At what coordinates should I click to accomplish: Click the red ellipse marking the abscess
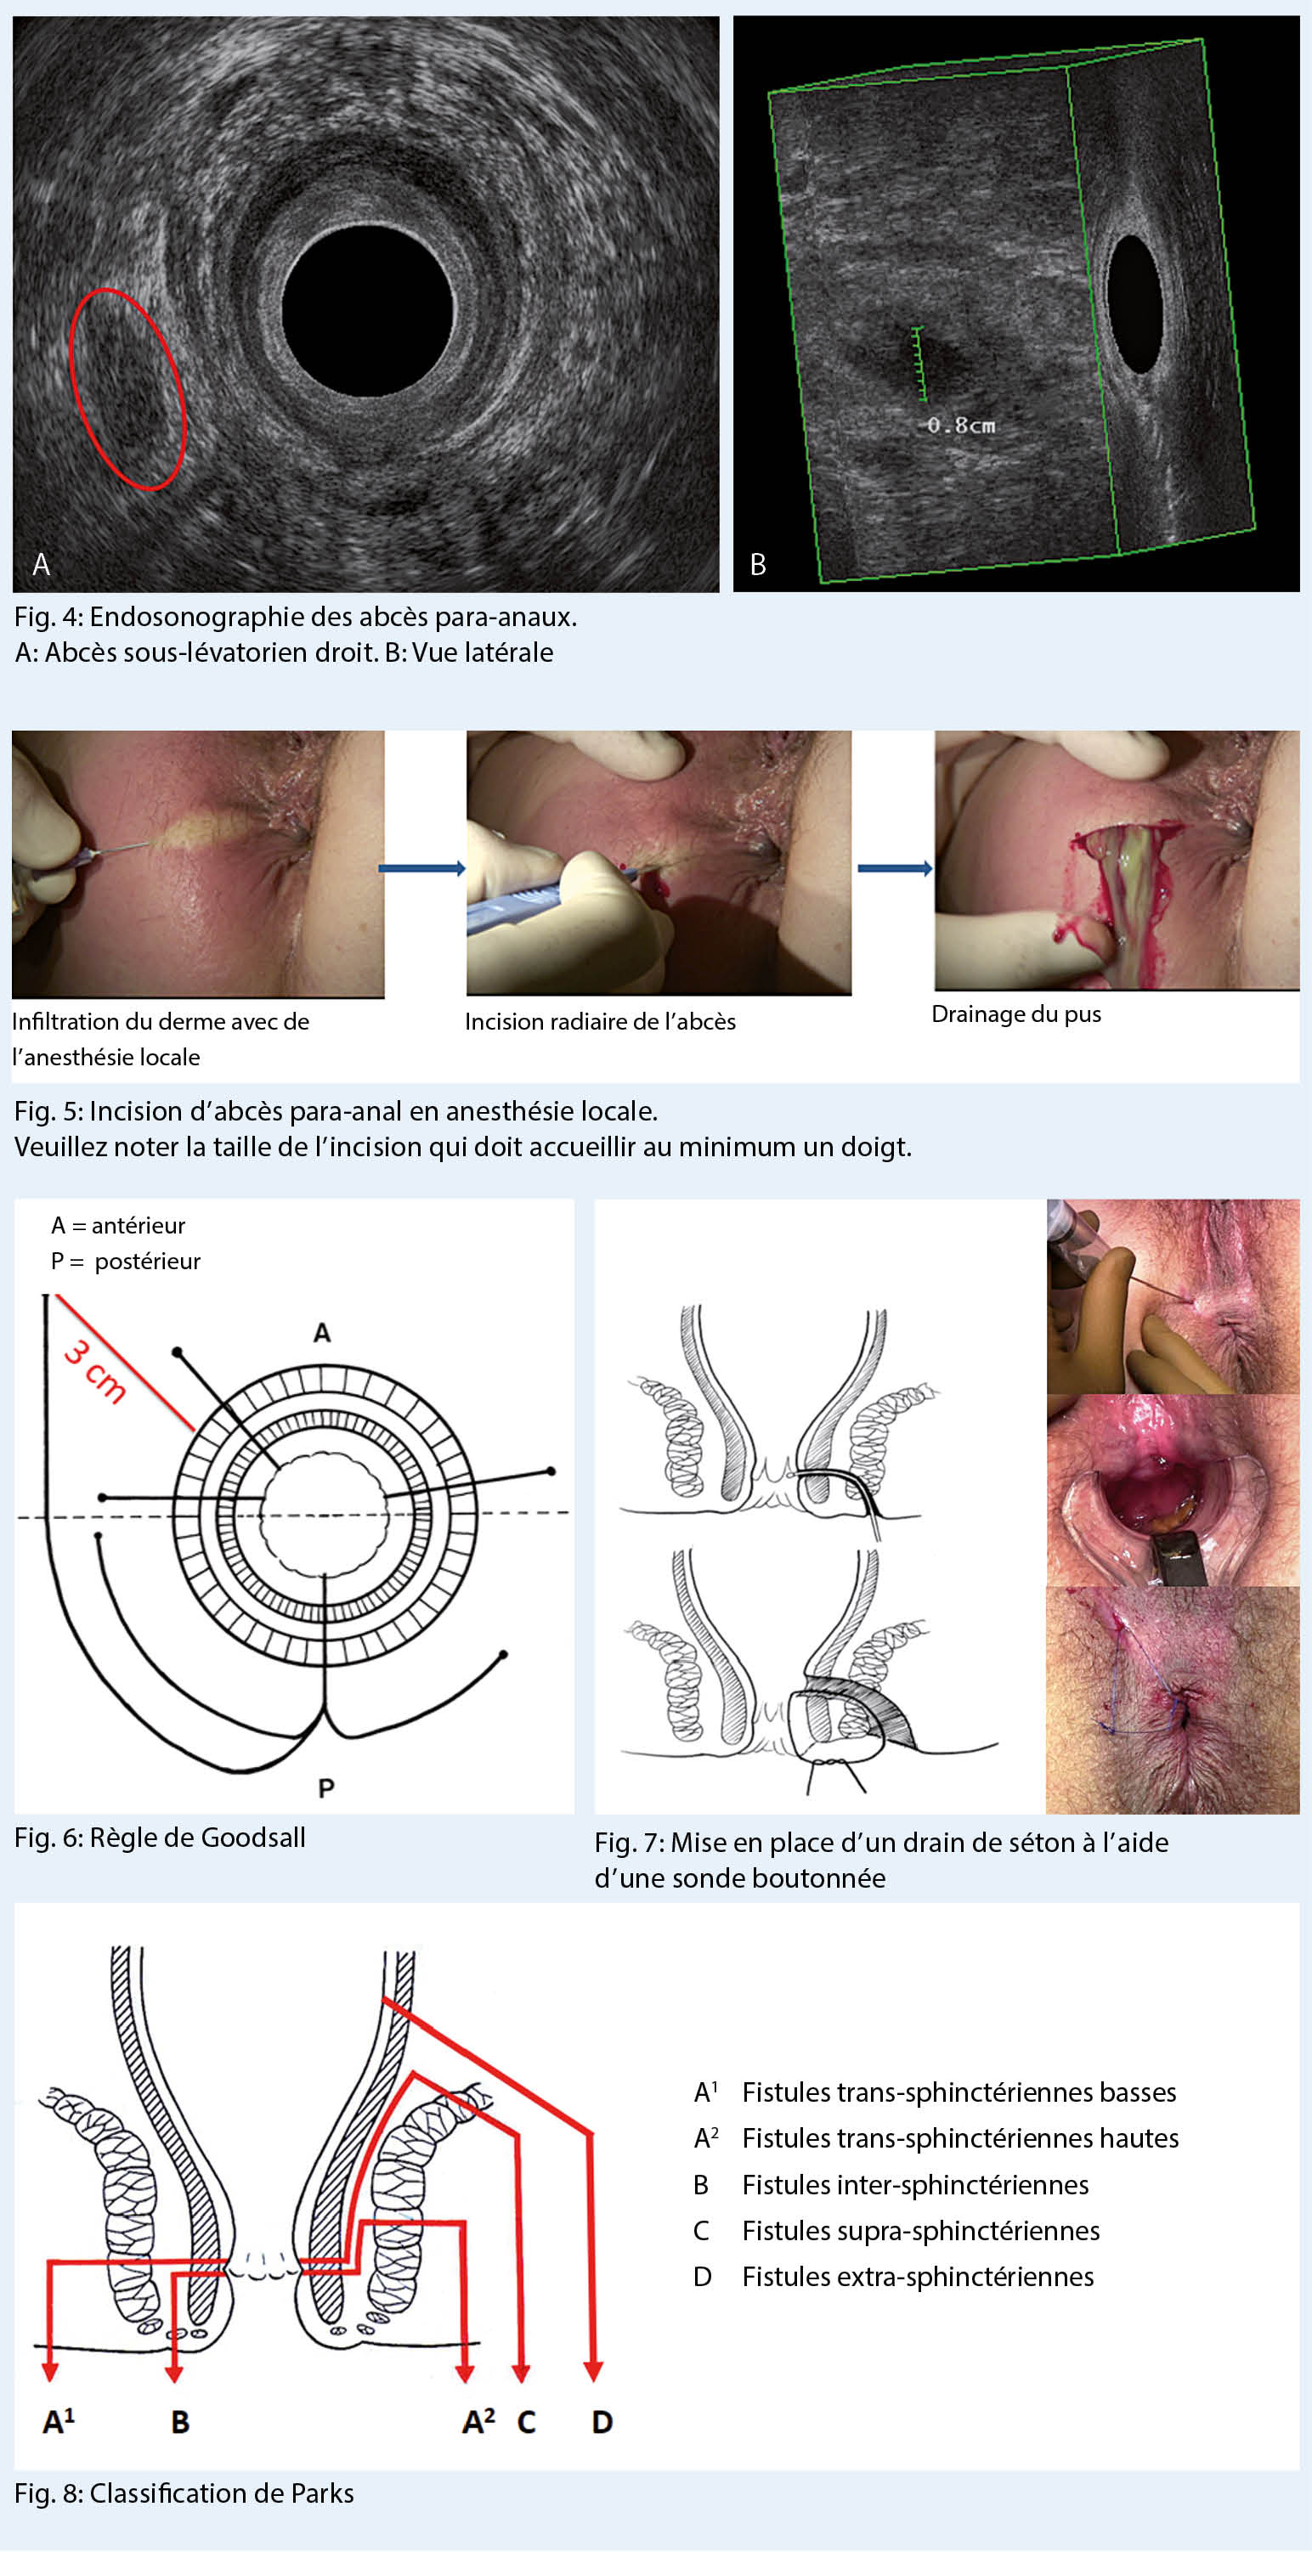coord(127,388)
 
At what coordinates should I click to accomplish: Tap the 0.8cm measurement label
coord(960,426)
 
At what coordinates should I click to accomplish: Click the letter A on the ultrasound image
coord(42,565)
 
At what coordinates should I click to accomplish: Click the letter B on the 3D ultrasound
coord(758,565)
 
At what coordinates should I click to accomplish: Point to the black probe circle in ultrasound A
coord(368,310)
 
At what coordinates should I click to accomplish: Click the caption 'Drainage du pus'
coord(1015,1014)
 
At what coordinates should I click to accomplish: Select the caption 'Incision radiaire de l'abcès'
coord(600,1022)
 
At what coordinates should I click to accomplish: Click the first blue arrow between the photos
coord(421,869)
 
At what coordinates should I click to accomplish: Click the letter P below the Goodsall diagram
coord(326,1788)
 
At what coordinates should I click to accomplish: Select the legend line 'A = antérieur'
coord(118,1226)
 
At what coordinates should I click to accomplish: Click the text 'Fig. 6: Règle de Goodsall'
coord(160,1838)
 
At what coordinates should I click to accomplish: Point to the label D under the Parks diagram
coord(602,2422)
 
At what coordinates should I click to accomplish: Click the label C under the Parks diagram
coord(525,2422)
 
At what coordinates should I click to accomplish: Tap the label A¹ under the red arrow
coord(58,2422)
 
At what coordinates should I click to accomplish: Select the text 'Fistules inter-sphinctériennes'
coord(914,2184)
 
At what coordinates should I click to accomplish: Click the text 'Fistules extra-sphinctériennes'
coord(918,2277)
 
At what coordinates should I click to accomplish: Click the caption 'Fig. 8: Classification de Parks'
coord(184,2493)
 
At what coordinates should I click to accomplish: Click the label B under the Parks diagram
coord(179,2422)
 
